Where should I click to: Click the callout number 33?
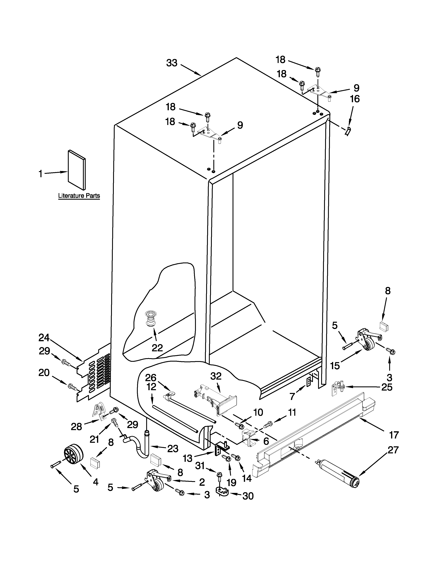(x=172, y=63)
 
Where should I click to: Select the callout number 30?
(x=248, y=496)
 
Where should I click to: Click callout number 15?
(x=335, y=366)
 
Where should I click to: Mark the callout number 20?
(x=44, y=373)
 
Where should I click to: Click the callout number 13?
(x=187, y=458)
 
